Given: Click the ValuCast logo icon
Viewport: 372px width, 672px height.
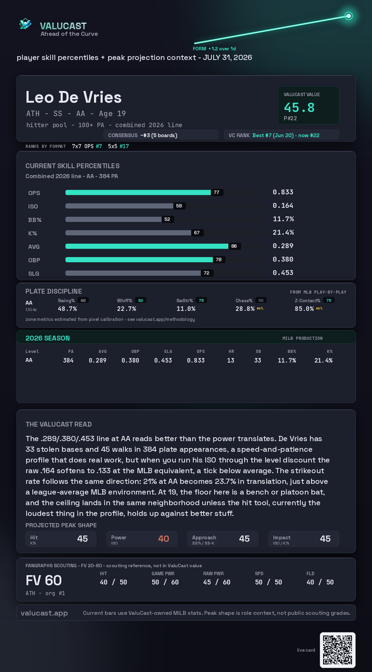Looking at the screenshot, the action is [25, 24].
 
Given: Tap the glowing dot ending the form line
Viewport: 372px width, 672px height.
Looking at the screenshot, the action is [349, 16].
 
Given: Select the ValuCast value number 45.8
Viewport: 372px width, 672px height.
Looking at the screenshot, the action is [299, 108].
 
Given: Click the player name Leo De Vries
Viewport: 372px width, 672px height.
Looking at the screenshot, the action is [74, 97].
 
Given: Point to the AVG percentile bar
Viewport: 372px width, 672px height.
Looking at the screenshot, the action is [147, 246].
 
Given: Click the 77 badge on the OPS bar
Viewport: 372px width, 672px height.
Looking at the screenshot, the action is [216, 192].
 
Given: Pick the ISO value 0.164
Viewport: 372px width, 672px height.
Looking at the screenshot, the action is [283, 205].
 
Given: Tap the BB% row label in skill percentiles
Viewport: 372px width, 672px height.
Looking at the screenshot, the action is [35, 220].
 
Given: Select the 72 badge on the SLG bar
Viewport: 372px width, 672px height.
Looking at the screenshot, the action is [207, 273].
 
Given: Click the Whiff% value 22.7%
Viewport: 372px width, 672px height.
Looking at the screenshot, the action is [126, 309].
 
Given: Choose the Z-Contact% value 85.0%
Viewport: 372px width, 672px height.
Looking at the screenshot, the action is [304, 309].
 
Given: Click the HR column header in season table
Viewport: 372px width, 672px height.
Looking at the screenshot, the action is [231, 352].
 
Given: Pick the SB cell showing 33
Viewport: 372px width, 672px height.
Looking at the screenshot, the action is [258, 360].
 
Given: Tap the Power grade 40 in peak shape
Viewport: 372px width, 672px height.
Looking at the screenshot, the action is [164, 539].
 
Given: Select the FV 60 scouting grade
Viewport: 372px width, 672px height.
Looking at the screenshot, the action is [44, 581].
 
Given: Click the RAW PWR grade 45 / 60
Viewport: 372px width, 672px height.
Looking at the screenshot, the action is [217, 582].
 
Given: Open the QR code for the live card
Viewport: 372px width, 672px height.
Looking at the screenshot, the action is [338, 650].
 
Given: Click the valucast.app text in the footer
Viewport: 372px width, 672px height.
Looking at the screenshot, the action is [44, 613].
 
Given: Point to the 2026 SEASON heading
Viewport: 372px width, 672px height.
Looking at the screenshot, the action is [48, 338].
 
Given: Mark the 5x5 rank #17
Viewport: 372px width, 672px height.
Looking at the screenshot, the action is [124, 146].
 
